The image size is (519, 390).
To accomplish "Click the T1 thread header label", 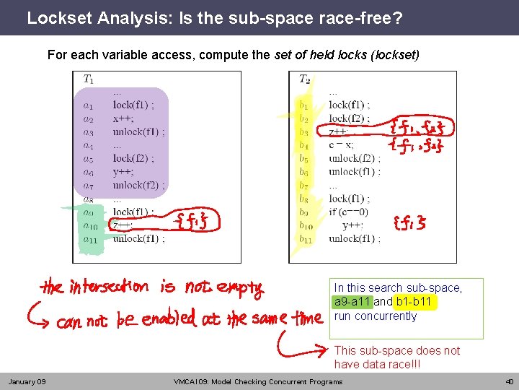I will point(88,79).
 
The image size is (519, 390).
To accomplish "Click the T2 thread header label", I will point(305,79).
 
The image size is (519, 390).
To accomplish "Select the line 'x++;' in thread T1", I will point(123,118).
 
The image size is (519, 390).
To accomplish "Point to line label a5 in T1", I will point(88,159).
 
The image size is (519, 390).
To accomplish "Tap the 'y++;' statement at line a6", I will point(123,172).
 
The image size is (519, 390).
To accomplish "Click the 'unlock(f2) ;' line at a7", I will point(138,185).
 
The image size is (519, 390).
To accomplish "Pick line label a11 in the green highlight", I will point(89,239).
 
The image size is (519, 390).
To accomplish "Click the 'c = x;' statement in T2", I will point(342,145).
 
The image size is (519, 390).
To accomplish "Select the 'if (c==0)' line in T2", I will point(349,212).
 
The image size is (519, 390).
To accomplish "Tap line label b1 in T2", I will point(304,105).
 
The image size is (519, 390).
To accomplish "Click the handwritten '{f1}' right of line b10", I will point(409,224).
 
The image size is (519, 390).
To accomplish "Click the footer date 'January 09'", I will point(27,381).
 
